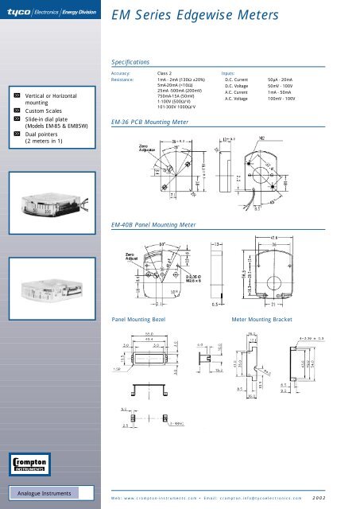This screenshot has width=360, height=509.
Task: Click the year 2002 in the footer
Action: [340, 497]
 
